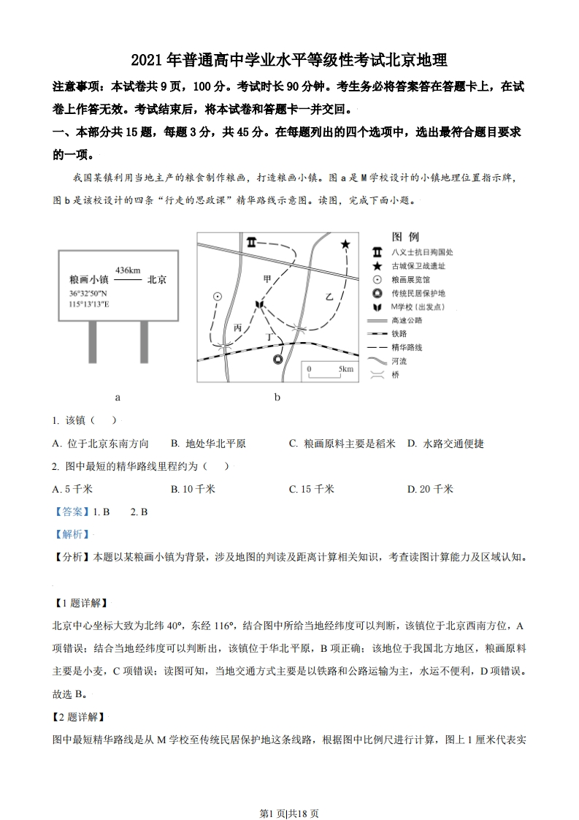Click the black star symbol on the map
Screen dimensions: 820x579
click(345, 244)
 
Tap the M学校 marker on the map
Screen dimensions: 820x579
click(258, 303)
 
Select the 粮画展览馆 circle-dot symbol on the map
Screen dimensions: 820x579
click(217, 296)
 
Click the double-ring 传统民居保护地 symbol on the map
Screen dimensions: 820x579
click(277, 359)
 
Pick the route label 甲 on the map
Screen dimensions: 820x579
click(267, 278)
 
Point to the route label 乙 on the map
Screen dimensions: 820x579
click(329, 297)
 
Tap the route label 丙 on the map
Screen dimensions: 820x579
click(238, 327)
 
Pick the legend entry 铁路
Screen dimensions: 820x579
click(399, 334)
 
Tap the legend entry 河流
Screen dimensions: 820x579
click(399, 360)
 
